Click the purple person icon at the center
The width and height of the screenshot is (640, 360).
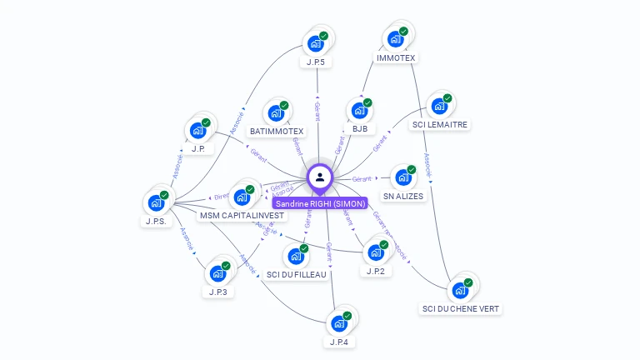pos(320,177)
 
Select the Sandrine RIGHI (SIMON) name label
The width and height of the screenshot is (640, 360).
pos(320,203)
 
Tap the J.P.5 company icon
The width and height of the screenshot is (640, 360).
pos(315,44)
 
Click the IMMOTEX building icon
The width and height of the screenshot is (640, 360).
pos(395,40)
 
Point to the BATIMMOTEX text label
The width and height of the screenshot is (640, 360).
pos(277,132)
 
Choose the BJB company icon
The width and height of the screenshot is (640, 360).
pos(359,111)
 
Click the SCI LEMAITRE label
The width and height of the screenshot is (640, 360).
pos(441,125)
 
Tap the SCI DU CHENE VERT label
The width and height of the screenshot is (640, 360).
pos(461,309)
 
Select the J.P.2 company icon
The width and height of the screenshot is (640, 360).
pos(375,252)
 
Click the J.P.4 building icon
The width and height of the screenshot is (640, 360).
pos(338,323)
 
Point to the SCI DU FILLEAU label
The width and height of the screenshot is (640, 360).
pos(297,275)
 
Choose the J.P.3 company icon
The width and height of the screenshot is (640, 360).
pos(217,273)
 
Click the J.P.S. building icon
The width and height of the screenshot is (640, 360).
pos(156,202)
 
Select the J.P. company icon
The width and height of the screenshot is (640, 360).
pos(197,131)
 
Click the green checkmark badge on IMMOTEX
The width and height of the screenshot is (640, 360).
pos(404,31)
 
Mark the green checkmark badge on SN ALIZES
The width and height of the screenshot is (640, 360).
pos(412,169)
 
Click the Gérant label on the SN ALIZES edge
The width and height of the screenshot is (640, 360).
pos(362,179)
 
